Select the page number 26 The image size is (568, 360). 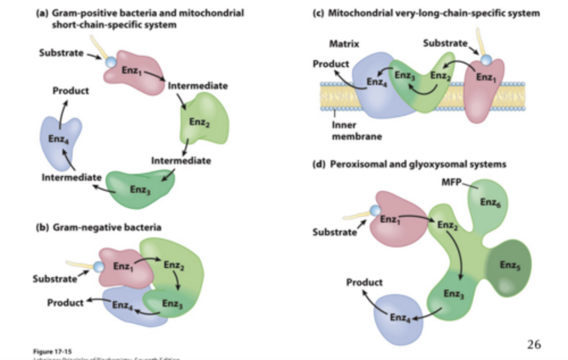[534, 344]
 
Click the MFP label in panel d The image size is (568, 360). [451, 182]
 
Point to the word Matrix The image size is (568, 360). [344, 44]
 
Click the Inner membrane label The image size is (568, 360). [357, 131]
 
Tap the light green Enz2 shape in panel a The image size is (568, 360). [203, 118]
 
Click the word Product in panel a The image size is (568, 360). [71, 91]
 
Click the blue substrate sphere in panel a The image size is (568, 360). [111, 62]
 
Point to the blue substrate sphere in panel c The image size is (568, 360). [486, 60]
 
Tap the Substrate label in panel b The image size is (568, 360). [55, 279]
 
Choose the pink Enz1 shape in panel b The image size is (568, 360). [122, 268]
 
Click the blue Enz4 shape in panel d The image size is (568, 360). [396, 320]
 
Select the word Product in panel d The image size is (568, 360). [364, 283]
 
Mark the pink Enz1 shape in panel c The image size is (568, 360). [484, 91]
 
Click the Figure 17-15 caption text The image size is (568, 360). [52, 351]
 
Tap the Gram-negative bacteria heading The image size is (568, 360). [106, 227]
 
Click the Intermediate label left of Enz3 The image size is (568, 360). [71, 178]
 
